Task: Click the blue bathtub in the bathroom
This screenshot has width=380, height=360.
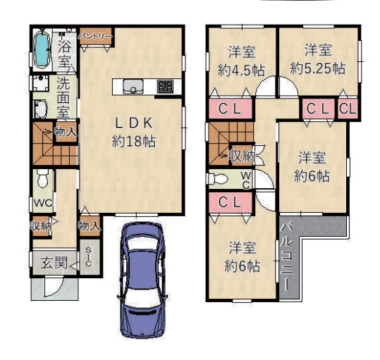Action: click(42, 49)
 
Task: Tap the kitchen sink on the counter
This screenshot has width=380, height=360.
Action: click(133, 87)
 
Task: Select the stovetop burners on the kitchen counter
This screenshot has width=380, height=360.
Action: click(166, 87)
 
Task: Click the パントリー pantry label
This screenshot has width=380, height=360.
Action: click(95, 37)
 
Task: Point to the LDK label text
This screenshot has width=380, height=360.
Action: click(134, 123)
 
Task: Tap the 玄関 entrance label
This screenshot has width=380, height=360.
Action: click(54, 263)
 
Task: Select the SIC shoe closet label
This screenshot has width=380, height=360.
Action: click(89, 256)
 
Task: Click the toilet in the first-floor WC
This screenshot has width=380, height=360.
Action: click(42, 178)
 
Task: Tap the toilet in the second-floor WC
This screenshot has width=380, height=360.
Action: click(218, 179)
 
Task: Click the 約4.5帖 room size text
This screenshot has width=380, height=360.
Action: click(241, 70)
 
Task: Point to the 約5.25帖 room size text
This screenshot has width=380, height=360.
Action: click(318, 68)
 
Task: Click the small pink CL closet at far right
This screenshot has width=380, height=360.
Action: click(348, 108)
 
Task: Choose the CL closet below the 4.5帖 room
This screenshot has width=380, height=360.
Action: click(230, 108)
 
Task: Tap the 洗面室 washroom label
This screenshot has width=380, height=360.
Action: click(63, 97)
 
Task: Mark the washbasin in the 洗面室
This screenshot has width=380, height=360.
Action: click(41, 109)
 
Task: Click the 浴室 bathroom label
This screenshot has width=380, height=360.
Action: click(65, 53)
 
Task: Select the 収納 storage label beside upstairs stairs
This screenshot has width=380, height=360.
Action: click(242, 156)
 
